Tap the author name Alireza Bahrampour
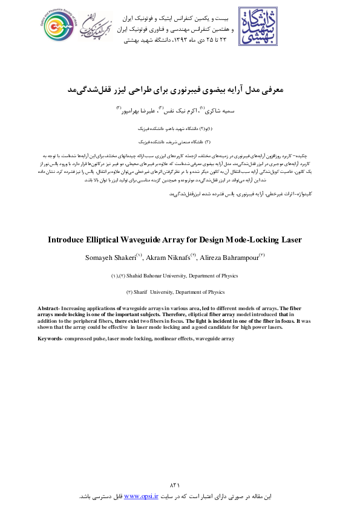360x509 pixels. pos(230,258)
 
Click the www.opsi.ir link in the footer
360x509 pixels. pos(140,496)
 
